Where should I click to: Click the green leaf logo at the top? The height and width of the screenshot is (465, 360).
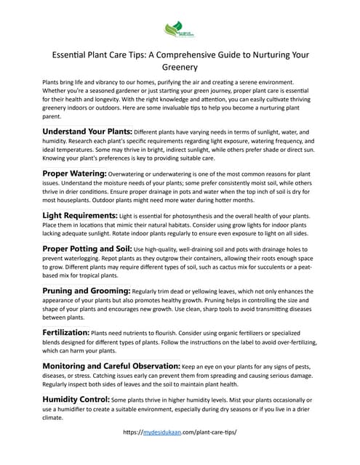click(x=180, y=30)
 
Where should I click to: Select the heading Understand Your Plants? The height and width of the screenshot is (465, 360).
click(x=92, y=131)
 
